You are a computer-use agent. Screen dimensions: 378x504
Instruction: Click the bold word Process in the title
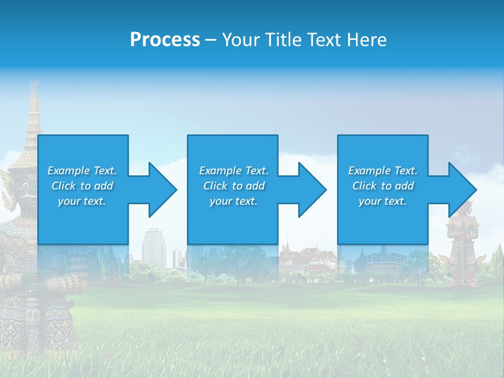pyautogui.click(x=165, y=40)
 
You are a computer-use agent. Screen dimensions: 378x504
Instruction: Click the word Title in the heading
pyautogui.click(x=283, y=40)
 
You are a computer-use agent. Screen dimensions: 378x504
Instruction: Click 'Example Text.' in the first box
pyautogui.click(x=82, y=171)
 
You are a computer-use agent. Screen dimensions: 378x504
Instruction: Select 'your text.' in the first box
pyautogui.click(x=82, y=201)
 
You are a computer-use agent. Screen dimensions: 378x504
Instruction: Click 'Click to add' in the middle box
pyautogui.click(x=234, y=186)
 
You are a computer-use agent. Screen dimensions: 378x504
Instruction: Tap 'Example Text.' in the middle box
pyautogui.click(x=234, y=171)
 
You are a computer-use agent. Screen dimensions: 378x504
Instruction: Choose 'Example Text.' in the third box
pyautogui.click(x=383, y=171)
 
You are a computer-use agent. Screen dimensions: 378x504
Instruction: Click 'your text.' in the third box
pyautogui.click(x=383, y=201)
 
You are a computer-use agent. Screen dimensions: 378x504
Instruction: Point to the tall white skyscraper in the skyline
pyautogui.click(x=154, y=247)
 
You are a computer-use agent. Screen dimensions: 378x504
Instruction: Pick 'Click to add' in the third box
pyautogui.click(x=383, y=186)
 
